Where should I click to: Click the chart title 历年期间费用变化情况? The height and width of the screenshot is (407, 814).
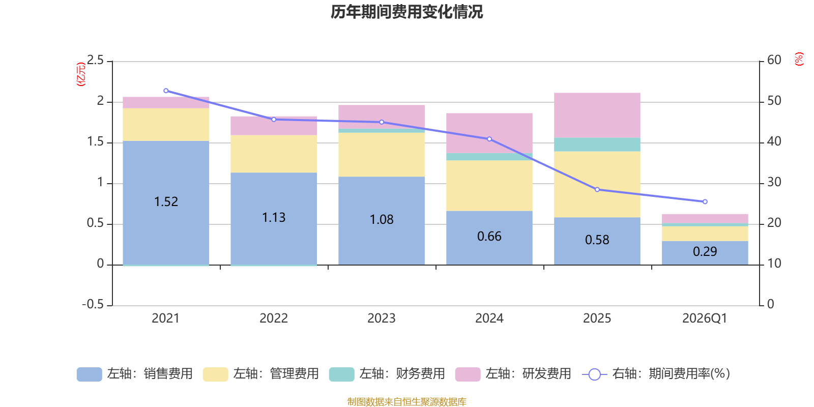coord(406,12)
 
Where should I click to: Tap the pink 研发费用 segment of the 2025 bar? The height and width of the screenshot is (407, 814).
coord(597,115)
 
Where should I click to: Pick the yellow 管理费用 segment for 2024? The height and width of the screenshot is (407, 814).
coord(489,185)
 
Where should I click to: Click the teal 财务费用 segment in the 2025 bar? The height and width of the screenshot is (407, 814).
coord(597,144)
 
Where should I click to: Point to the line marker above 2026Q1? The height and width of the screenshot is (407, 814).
coord(705,202)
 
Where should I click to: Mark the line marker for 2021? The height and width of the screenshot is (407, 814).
coord(166,91)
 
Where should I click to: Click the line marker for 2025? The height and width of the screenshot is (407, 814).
coord(597,190)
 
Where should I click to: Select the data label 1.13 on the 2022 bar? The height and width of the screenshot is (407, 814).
coord(274,218)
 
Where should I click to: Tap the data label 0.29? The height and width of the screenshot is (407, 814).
coord(705,252)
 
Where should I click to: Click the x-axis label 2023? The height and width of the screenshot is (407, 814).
coord(381,318)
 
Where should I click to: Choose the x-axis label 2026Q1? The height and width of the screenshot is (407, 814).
coord(705,318)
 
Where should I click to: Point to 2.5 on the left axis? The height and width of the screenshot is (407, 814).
coord(95,61)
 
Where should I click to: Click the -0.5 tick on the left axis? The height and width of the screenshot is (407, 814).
coord(93,304)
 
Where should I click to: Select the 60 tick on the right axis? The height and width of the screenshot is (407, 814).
coord(774,60)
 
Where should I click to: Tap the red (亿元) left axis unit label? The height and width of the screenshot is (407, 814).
coord(80,74)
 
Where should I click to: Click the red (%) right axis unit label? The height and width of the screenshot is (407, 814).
coord(799,59)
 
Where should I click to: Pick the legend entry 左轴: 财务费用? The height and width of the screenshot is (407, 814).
coord(387,374)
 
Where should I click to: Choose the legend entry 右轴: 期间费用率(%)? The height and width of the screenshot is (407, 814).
coord(656,374)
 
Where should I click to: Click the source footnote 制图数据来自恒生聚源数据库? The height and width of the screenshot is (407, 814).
coord(406,402)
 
